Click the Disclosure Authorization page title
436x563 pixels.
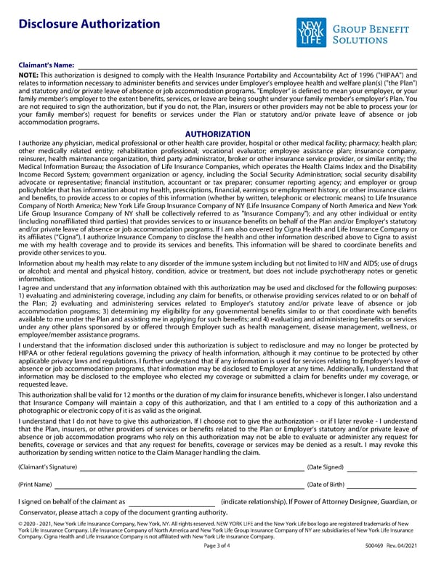[89, 24]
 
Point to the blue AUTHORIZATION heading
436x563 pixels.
[218, 134]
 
